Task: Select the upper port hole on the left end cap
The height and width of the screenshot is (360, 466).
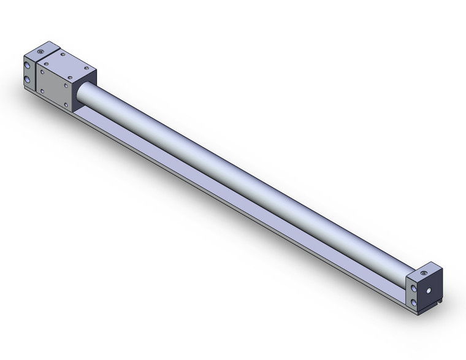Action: [x=27, y=65]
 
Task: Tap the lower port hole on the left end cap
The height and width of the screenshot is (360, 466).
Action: [x=27, y=80]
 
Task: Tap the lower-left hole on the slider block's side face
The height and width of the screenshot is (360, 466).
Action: [x=42, y=91]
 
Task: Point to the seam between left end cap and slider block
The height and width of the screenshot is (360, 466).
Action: [x=36, y=74]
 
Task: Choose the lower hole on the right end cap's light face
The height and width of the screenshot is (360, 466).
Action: [x=414, y=303]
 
